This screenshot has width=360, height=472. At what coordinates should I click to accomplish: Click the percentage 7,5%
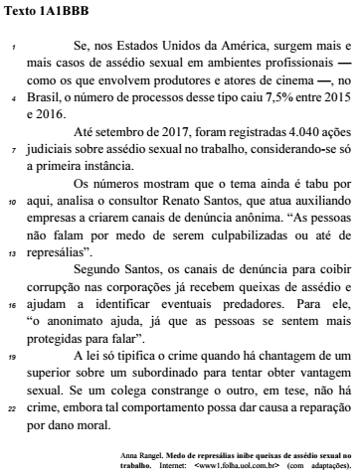[250, 100]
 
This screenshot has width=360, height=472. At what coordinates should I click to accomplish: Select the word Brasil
[39, 100]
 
